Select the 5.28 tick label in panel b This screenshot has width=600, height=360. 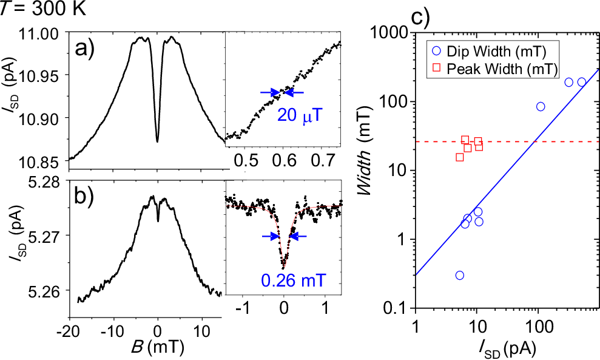[x=47, y=181]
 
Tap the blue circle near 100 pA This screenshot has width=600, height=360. [x=541, y=107]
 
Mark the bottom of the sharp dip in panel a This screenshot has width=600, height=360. [x=158, y=141]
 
